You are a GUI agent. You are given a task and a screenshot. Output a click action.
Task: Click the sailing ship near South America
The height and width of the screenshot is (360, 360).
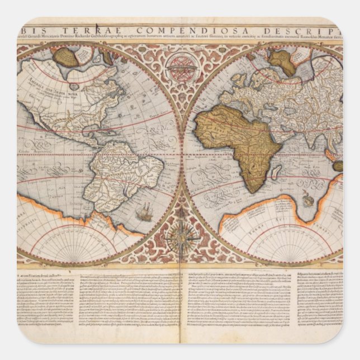point(144,211)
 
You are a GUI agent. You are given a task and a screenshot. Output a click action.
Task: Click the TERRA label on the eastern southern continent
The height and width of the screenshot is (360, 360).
point(280,221)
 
